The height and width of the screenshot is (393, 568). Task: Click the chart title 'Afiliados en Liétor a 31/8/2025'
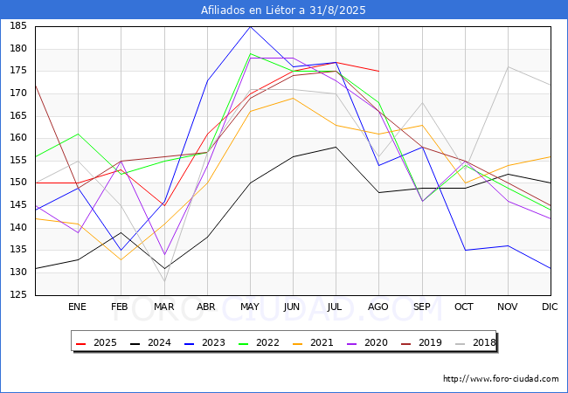pyautogui.click(x=283, y=10)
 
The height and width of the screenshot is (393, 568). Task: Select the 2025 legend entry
pyautogui.click(x=96, y=342)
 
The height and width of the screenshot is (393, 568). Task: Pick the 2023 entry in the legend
pyautogui.click(x=204, y=342)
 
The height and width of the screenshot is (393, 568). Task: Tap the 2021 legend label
pyautogui.click(x=313, y=342)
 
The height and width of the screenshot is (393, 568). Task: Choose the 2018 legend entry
pyautogui.click(x=475, y=342)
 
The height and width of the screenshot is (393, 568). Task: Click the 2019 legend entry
pyautogui.click(x=421, y=342)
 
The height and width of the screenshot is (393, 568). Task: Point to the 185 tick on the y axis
pyautogui.click(x=18, y=26)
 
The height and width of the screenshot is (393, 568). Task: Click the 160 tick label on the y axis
pyautogui.click(x=18, y=138)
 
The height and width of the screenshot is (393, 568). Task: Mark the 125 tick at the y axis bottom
pyautogui.click(x=18, y=294)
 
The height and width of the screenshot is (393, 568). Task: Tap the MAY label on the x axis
pyautogui.click(x=250, y=307)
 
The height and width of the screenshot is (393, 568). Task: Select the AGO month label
pyautogui.click(x=378, y=307)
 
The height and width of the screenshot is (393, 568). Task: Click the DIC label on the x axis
pyautogui.click(x=550, y=307)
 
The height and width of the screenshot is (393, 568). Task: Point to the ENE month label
pyautogui.click(x=77, y=307)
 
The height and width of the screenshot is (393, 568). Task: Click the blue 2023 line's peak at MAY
pyautogui.click(x=250, y=26)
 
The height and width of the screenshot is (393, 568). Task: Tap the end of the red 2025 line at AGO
pyautogui.click(x=379, y=72)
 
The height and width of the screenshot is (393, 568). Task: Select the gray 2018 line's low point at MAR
pyautogui.click(x=165, y=281)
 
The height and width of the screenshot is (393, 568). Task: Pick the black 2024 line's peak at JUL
pyautogui.click(x=336, y=147)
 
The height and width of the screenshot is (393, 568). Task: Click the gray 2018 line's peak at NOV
pyautogui.click(x=509, y=66)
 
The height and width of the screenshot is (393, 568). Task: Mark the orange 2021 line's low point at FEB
pyautogui.click(x=121, y=260)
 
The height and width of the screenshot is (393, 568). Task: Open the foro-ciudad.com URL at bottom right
pyautogui.click(x=501, y=379)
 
